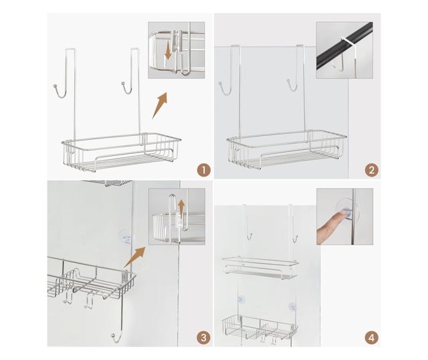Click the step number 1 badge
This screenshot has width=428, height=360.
(204, 170)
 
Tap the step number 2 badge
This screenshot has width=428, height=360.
(372, 170)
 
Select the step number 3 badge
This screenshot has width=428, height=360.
(204, 338)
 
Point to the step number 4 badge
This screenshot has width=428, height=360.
(372, 338)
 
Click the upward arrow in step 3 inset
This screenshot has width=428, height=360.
(181, 207)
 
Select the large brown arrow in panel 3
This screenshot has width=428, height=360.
(135, 257)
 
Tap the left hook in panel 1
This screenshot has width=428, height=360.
(60, 91)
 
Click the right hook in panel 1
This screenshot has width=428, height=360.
(128, 88)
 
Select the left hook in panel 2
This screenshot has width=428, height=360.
(225, 88)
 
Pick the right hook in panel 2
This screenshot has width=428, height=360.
(292, 85)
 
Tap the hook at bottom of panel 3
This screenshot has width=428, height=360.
(116, 338)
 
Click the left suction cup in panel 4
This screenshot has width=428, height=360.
(241, 300)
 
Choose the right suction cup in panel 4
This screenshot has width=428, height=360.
(292, 306)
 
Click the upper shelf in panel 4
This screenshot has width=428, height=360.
(260, 268)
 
